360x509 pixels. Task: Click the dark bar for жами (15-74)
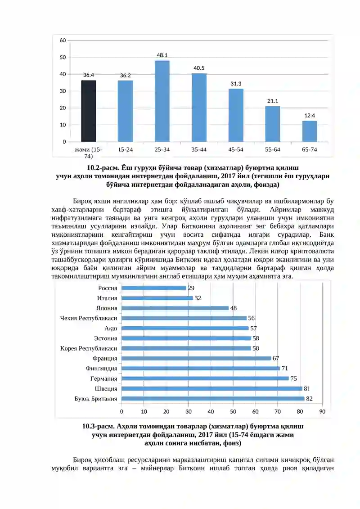pos(88,111)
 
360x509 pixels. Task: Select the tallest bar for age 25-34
pos(162,101)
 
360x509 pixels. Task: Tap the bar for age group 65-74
pos(309,131)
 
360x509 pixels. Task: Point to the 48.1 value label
pos(162,55)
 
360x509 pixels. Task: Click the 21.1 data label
pos(273,101)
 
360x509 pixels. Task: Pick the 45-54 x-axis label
pos(236,150)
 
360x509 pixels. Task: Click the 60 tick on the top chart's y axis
pos(63,40)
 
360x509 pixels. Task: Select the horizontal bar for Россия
pos(154,288)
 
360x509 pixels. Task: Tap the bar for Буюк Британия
pos(213,399)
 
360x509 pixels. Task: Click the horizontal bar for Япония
pos(175,308)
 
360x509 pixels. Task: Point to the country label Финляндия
pos(101,369)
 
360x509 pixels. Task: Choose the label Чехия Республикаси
pos(89,318)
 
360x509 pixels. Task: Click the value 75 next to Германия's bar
pos(293,378)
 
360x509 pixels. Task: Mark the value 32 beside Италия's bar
pos(198,298)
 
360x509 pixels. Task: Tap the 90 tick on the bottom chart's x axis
pos(322,412)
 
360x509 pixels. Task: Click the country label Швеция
pos(106,388)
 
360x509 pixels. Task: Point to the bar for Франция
pos(196,358)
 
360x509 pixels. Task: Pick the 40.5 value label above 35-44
pos(199,68)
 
